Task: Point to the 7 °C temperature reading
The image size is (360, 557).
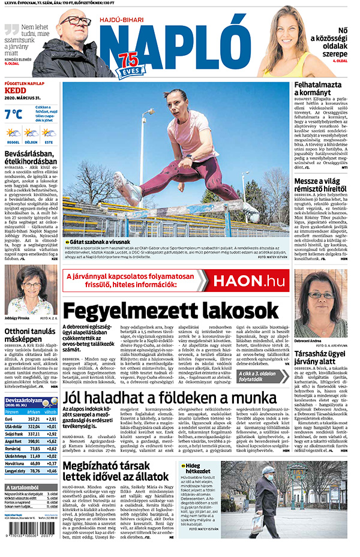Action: (x=13, y=114)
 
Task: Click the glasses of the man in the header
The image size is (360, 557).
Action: (x=76, y=22)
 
